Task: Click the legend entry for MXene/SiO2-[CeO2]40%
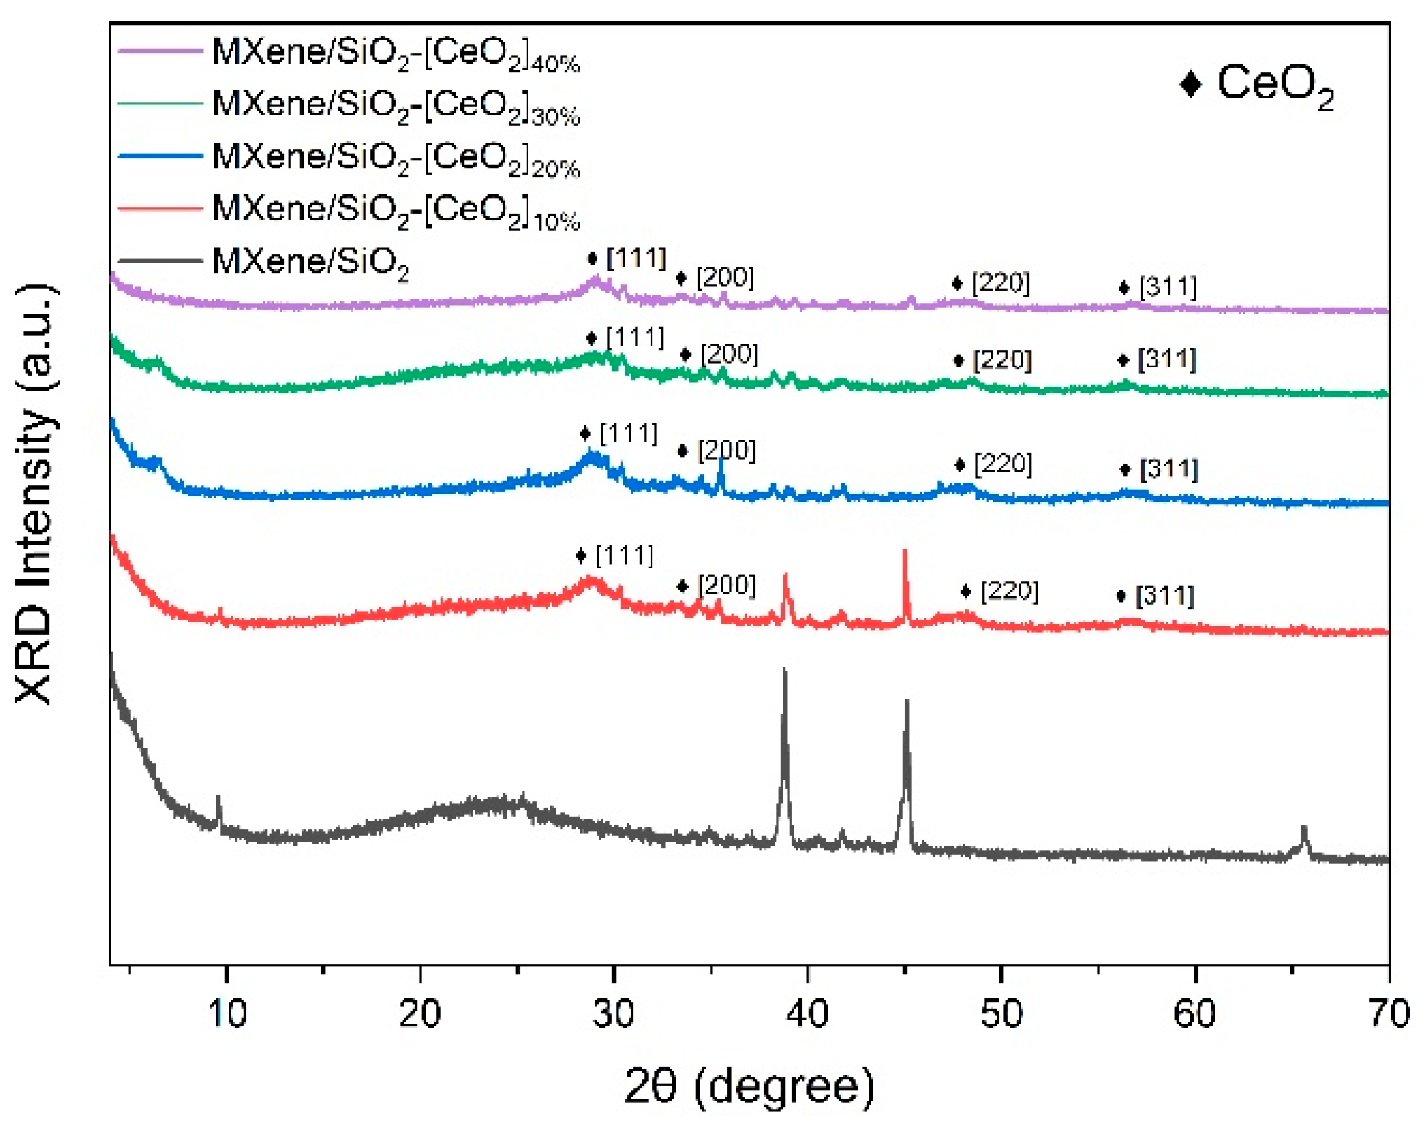395,53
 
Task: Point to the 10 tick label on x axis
227,1014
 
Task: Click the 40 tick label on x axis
807,1014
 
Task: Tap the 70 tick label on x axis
1389,1014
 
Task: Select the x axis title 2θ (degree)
749,1087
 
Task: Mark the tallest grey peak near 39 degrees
784,669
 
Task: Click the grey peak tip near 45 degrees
906,701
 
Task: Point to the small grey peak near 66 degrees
1304,827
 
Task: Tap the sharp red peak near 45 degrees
904,551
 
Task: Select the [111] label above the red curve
624,555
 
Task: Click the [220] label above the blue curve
1003,464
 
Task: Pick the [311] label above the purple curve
1168,287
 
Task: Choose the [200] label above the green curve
729,354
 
